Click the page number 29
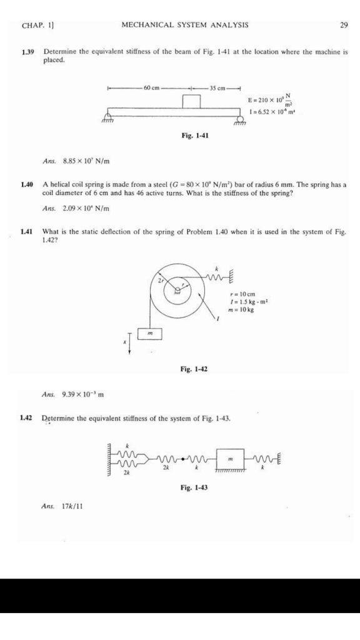343,25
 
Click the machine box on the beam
191,101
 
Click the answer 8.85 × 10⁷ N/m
86,161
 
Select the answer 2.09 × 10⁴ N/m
86,208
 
